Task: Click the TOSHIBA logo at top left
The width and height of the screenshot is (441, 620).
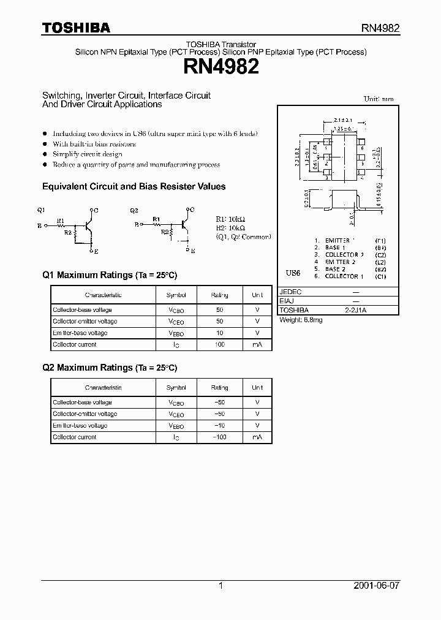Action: coord(76,28)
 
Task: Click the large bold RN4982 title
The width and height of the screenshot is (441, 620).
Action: coord(221,67)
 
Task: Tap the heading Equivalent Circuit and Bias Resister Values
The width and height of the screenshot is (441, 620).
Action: coord(134,186)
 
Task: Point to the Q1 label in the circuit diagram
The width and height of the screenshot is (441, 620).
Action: coord(41,210)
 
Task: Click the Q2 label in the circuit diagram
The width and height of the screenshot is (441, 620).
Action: coord(134,210)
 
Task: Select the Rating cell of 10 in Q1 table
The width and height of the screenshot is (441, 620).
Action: coord(219,333)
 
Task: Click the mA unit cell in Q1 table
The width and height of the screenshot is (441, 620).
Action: coord(257,345)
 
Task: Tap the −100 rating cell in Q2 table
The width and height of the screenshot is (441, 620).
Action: coord(219,437)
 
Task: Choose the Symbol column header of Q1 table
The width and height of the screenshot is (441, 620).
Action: coord(176,295)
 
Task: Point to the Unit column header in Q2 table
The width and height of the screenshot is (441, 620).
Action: coord(257,387)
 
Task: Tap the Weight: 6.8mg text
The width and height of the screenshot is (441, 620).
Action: coord(301,320)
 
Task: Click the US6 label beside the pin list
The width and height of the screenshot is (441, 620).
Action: coord(293,272)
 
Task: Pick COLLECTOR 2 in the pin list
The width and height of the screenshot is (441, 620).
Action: coord(344,255)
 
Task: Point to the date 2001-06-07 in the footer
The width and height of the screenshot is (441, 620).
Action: coord(375,586)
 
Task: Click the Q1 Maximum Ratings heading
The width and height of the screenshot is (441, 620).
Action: coord(110,275)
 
